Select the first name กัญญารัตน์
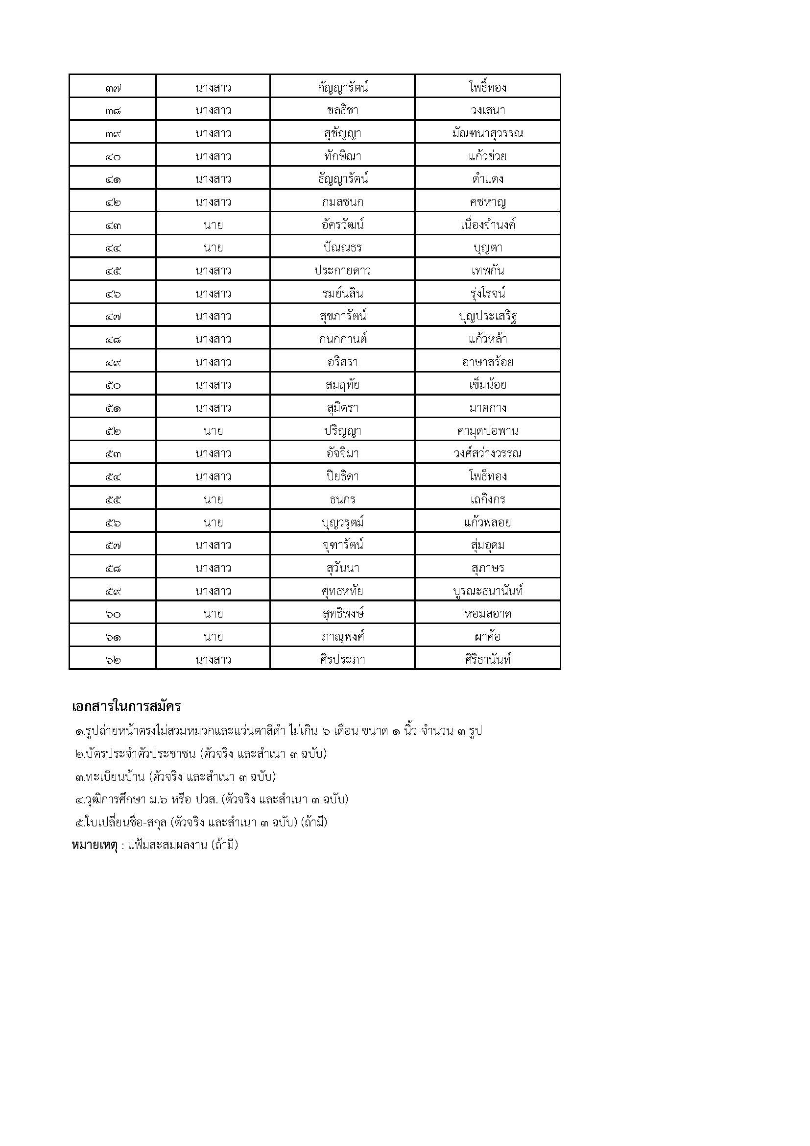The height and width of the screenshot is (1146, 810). point(342,88)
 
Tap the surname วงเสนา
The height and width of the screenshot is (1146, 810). point(487,110)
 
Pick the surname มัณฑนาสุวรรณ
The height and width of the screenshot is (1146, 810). point(487,133)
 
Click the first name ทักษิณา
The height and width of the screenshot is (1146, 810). point(342,156)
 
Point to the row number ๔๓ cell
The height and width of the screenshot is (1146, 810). point(113,225)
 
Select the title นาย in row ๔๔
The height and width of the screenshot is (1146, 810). point(213,248)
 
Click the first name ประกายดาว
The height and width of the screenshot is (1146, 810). point(342,271)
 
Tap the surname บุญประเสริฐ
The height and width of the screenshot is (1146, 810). point(487,317)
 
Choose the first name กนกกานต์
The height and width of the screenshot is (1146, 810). point(342,339)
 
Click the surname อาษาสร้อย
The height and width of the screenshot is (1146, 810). point(487,362)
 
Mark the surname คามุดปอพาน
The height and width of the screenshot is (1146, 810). point(487,431)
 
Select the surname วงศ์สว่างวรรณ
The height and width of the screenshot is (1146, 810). point(487,454)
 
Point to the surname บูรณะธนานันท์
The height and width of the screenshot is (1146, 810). point(487,591)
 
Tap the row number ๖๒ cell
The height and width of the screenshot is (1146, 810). point(113,660)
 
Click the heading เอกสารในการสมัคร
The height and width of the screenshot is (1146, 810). point(126,707)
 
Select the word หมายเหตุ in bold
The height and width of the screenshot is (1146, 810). point(94,845)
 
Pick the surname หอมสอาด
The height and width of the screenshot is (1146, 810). point(487,614)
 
